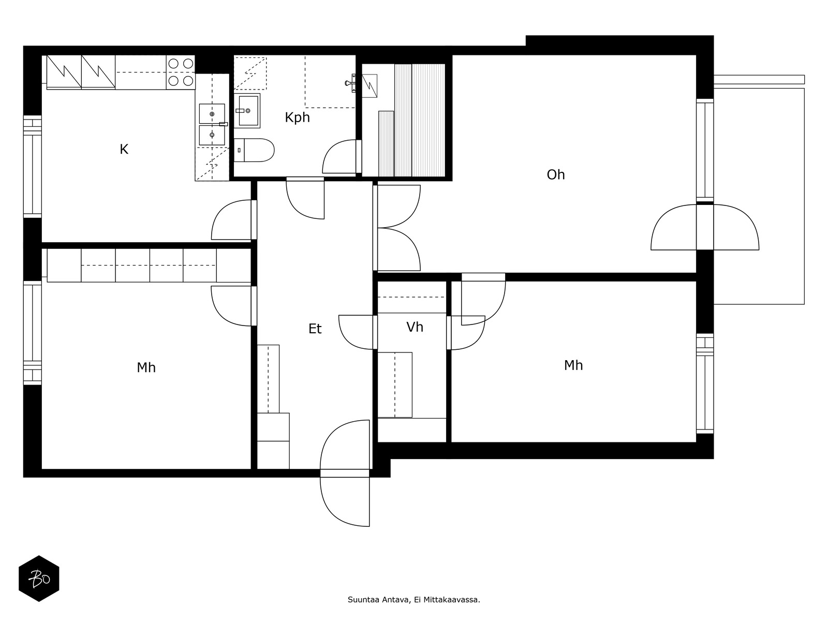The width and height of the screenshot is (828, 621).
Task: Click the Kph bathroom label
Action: click(297, 117)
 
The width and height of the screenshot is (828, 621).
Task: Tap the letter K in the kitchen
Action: click(124, 150)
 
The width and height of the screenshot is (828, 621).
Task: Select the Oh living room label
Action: click(556, 174)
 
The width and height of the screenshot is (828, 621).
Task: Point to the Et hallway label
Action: click(315, 329)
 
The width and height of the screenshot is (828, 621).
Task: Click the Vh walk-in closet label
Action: click(415, 327)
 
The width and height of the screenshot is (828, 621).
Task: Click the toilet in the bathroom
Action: click(254, 150)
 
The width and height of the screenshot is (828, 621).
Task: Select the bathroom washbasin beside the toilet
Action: click(247, 111)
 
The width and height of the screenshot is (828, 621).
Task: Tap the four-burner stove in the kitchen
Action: click(181, 72)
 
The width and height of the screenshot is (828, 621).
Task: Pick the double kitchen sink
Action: click(212, 124)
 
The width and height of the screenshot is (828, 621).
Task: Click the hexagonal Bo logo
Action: click(39, 579)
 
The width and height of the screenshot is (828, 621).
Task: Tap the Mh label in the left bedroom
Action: click(146, 367)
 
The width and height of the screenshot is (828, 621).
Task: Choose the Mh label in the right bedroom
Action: click(573, 365)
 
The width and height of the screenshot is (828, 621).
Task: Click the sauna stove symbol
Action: click(369, 85)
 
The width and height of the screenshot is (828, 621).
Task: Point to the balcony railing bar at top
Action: click(759, 80)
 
